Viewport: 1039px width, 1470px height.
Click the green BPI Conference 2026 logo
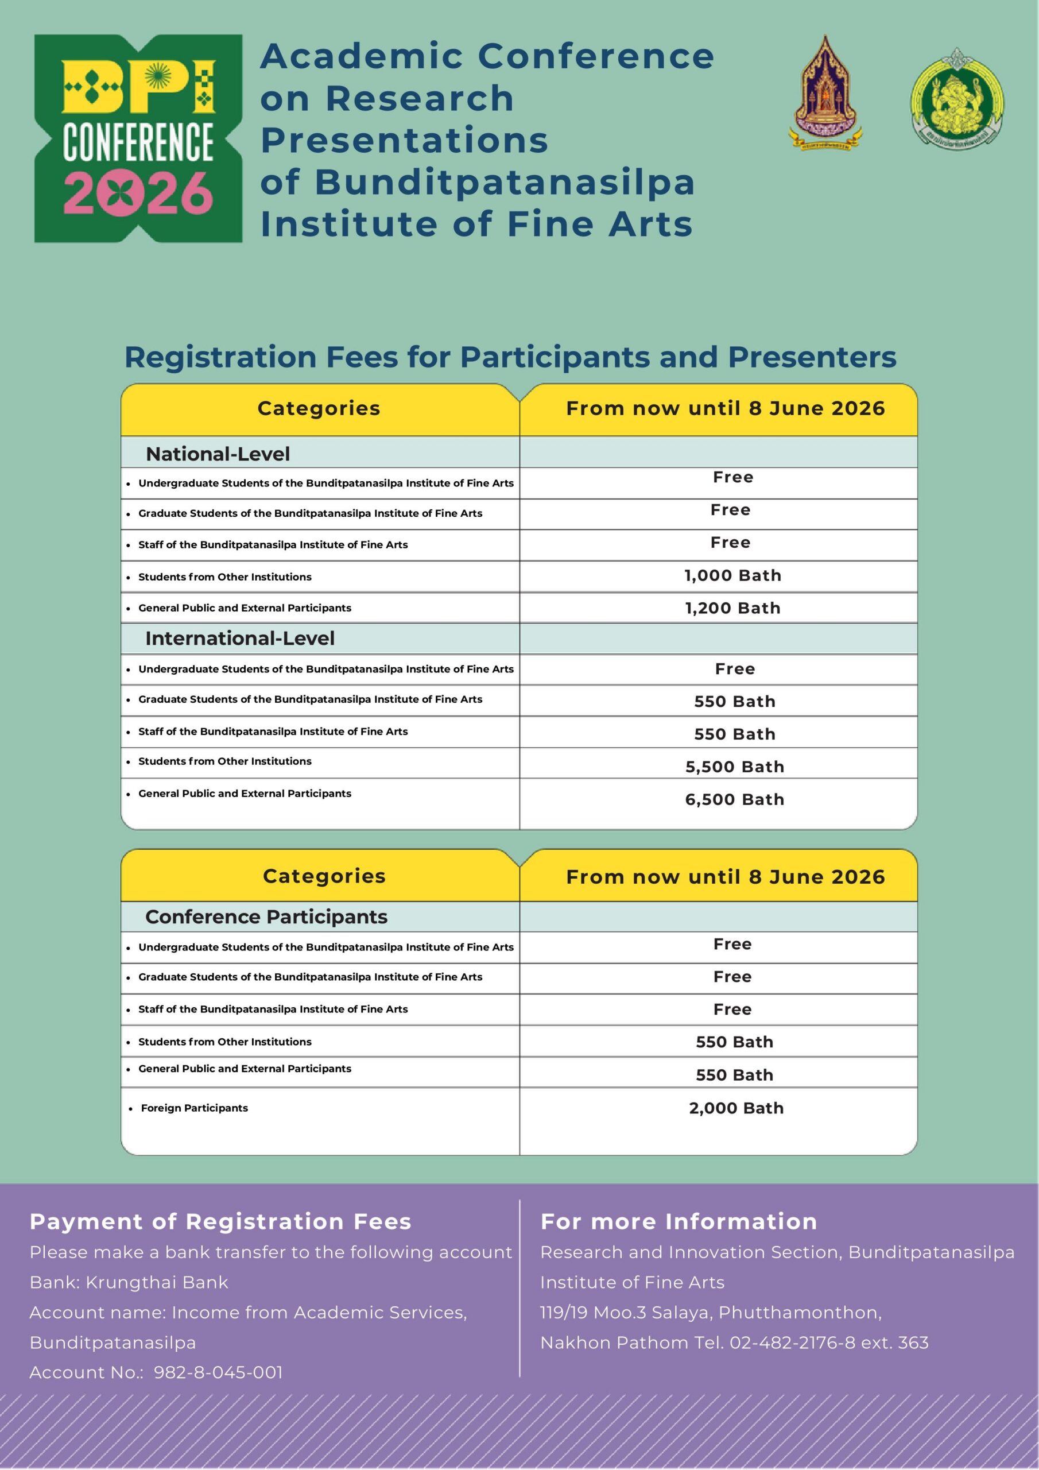point(138,138)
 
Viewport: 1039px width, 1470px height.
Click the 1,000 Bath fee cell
point(732,575)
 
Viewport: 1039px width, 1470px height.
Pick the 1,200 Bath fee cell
point(732,608)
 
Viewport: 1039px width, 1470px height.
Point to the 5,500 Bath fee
point(734,767)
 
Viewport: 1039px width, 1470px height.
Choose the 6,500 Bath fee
point(734,800)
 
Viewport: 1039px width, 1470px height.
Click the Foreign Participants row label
point(194,1108)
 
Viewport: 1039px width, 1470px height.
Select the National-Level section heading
point(218,454)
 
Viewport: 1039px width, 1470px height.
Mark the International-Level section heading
point(239,639)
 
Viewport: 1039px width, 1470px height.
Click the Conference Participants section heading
point(266,917)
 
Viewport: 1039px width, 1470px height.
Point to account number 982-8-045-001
point(218,1372)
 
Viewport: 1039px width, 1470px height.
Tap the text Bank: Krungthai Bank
point(129,1282)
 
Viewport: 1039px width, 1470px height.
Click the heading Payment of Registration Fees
point(220,1221)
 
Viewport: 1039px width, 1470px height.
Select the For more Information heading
point(679,1221)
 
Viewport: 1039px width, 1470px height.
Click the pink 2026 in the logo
point(138,193)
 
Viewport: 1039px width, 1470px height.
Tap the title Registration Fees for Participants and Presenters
point(510,357)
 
